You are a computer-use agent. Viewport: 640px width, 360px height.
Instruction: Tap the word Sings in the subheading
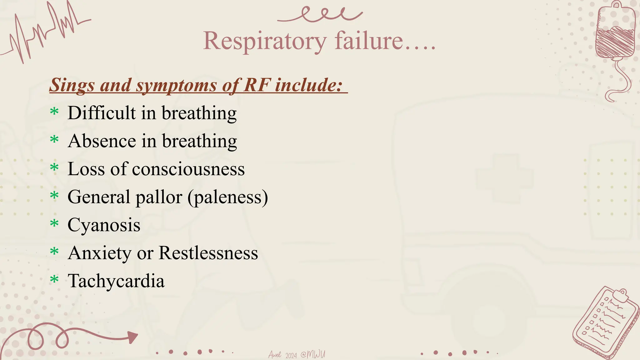pos(72,85)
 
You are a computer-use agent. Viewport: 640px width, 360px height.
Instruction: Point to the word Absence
pos(102,141)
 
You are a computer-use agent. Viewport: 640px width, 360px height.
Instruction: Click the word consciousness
pos(188,169)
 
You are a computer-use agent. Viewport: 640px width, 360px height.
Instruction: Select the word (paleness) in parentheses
pos(228,197)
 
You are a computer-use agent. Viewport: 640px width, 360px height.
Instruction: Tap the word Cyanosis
pos(104,225)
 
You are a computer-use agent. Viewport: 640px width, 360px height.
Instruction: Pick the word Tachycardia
pos(116,281)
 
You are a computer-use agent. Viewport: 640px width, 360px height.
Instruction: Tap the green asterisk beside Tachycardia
pos(54,279)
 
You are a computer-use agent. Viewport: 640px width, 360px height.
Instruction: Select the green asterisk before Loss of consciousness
pos(54,167)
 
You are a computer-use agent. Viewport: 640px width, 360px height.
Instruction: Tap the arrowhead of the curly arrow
pos(132,337)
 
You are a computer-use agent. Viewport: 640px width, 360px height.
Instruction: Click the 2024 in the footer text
pos(291,355)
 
